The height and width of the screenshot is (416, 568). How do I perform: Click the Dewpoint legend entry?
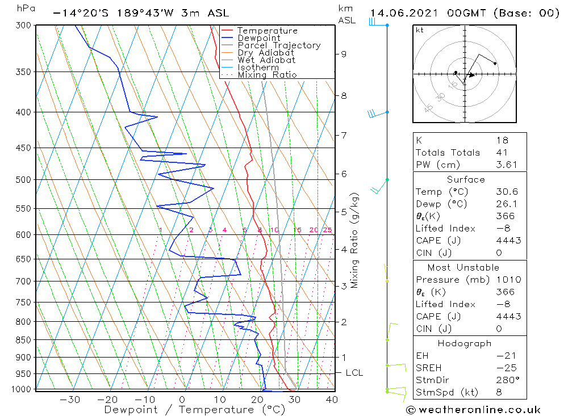(258, 38)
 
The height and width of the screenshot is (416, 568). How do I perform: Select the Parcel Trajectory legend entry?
(279, 45)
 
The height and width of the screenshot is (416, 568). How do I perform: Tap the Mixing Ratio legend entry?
(267, 75)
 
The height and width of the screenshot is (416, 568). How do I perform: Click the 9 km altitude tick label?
(344, 54)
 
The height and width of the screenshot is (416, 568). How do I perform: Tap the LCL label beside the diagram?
(354, 373)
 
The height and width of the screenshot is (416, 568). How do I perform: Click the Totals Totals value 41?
(502, 152)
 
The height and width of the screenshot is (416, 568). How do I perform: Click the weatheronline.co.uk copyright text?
(473, 409)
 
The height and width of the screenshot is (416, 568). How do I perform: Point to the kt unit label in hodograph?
(419, 30)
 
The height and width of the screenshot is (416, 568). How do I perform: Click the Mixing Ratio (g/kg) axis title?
(355, 240)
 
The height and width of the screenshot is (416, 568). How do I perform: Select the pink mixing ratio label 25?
(327, 230)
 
